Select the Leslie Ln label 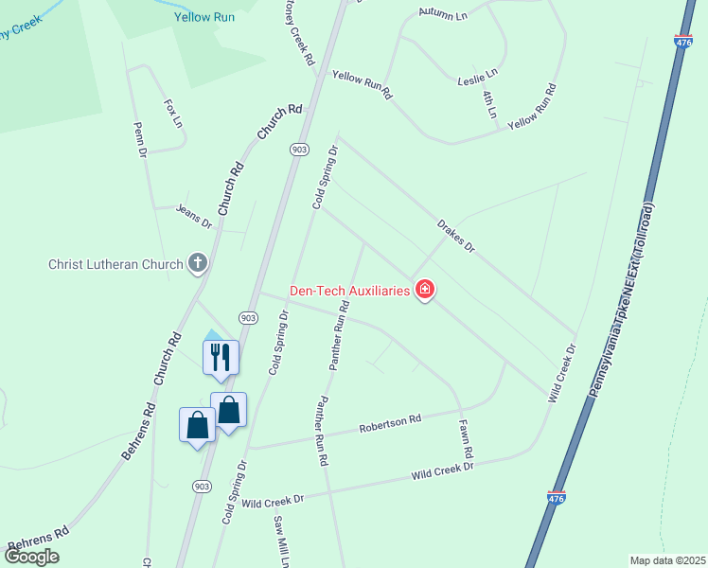[477, 73]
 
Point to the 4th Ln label [489, 104]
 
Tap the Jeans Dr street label [194, 216]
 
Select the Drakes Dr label [455, 236]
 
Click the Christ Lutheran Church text [115, 264]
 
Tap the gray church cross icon [198, 263]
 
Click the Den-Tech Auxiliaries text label [350, 290]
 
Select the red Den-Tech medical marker [425, 290]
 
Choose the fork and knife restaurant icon [221, 357]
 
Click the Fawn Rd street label [466, 439]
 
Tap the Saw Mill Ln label [281, 541]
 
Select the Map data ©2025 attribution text [667, 560]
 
